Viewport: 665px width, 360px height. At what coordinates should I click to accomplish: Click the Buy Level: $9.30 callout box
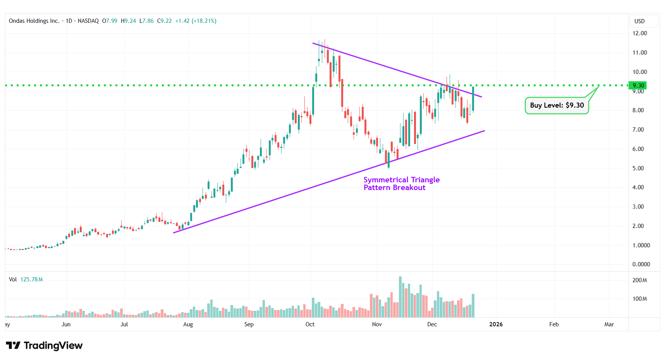click(x=557, y=105)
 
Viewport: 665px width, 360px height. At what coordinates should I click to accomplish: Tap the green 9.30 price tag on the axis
click(x=638, y=86)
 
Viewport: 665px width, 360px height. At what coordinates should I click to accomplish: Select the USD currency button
click(x=639, y=21)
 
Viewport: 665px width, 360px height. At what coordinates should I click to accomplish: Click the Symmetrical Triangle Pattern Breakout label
click(x=401, y=183)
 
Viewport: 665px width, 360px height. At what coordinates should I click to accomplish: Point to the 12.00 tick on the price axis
click(x=639, y=33)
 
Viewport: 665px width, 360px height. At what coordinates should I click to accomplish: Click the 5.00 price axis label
click(x=638, y=168)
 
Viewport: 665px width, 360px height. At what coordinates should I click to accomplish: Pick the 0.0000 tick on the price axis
click(x=641, y=264)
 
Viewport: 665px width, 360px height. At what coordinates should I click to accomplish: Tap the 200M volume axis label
click(x=639, y=280)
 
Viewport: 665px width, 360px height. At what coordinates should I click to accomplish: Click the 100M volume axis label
click(x=639, y=299)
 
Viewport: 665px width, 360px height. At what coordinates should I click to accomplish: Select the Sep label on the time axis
click(x=249, y=324)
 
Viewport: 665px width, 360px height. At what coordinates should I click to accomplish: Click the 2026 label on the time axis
click(x=496, y=324)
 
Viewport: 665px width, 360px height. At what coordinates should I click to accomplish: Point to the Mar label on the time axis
click(x=609, y=324)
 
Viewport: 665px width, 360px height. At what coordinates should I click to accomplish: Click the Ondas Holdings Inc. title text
click(x=34, y=21)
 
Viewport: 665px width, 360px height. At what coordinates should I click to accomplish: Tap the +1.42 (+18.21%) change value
click(x=196, y=21)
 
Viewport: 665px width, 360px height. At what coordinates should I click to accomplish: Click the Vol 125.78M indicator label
click(x=26, y=279)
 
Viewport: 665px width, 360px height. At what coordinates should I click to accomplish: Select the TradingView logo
click(x=45, y=345)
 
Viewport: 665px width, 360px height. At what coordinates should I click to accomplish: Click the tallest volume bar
click(x=400, y=297)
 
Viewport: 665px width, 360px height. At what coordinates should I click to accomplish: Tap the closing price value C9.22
click(x=164, y=21)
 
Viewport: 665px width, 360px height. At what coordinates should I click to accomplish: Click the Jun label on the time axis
click(x=66, y=324)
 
